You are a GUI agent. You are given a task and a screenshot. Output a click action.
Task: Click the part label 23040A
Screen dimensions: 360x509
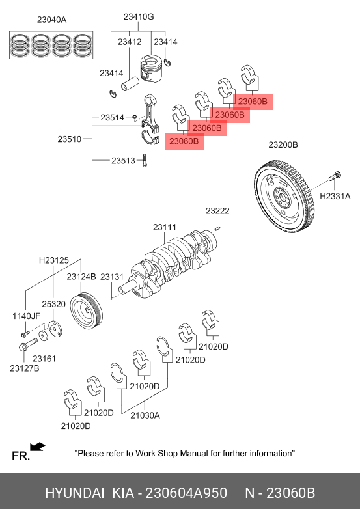click(51, 20)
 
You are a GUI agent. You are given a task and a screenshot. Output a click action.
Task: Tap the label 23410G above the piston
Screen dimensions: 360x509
click(139, 16)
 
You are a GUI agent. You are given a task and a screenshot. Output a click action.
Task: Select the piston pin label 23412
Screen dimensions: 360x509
click(130, 42)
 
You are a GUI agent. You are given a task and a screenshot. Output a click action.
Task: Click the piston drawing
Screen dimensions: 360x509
click(150, 70)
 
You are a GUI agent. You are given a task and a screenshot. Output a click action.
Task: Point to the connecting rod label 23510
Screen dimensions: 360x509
click(70, 139)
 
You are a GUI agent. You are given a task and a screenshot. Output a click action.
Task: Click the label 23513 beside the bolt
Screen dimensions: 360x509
click(123, 160)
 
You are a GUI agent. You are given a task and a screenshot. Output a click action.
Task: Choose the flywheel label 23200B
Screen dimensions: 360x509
click(283, 144)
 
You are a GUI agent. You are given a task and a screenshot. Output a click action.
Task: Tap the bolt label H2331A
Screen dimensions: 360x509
click(335, 196)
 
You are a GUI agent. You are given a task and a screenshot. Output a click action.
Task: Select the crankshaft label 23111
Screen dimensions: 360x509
click(165, 227)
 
